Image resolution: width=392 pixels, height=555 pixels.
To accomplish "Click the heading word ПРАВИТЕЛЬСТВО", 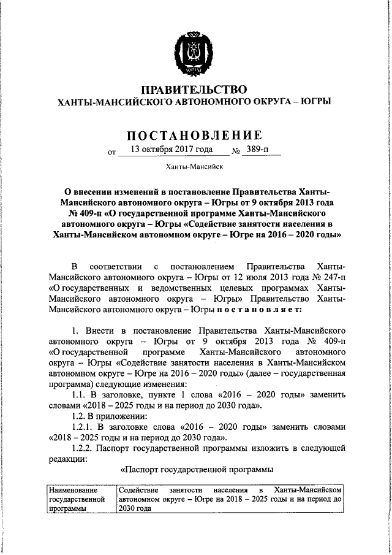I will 195,90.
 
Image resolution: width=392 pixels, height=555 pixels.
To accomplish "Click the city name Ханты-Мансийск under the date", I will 195,167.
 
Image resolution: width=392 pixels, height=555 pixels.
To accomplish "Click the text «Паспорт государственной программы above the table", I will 195,470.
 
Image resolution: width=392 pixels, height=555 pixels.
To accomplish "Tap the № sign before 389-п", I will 235,151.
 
